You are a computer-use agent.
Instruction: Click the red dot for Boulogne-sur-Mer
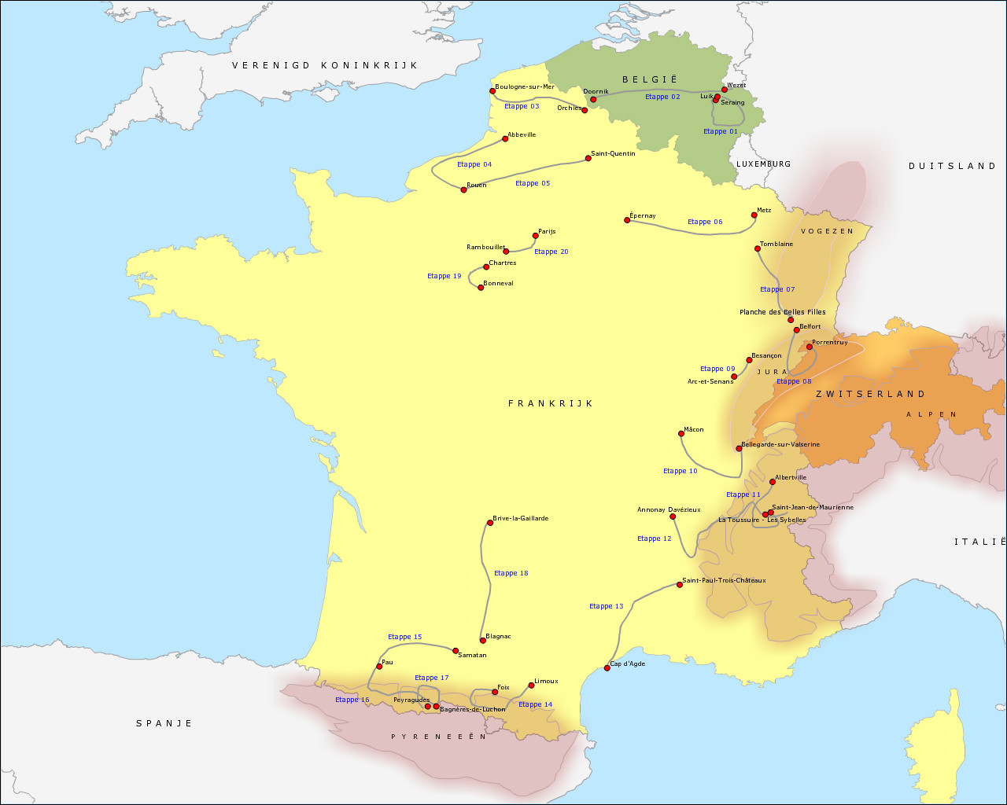(x=492, y=91)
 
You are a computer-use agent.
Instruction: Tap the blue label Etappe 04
(x=474, y=164)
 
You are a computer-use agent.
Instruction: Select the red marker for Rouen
(x=463, y=189)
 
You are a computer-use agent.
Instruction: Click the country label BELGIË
(x=650, y=79)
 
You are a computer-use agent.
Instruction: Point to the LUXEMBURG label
(x=764, y=164)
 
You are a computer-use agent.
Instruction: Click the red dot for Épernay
(x=627, y=220)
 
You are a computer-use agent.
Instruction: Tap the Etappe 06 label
(x=705, y=222)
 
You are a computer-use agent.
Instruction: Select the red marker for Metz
(x=754, y=215)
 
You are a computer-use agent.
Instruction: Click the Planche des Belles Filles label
(x=783, y=312)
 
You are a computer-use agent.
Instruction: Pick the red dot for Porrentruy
(x=809, y=347)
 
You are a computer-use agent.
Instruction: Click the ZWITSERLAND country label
(x=871, y=394)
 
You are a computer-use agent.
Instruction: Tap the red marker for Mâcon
(x=681, y=433)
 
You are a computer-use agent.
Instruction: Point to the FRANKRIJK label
(x=551, y=403)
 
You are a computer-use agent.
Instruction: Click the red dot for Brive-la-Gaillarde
(x=489, y=523)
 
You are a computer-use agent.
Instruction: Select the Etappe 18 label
(x=511, y=573)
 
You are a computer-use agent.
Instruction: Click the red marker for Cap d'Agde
(x=607, y=667)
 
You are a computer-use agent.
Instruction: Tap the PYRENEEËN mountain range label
(x=439, y=737)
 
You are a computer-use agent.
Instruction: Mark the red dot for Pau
(x=379, y=666)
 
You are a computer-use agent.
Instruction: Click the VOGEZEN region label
(x=827, y=231)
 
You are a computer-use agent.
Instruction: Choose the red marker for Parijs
(x=535, y=236)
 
